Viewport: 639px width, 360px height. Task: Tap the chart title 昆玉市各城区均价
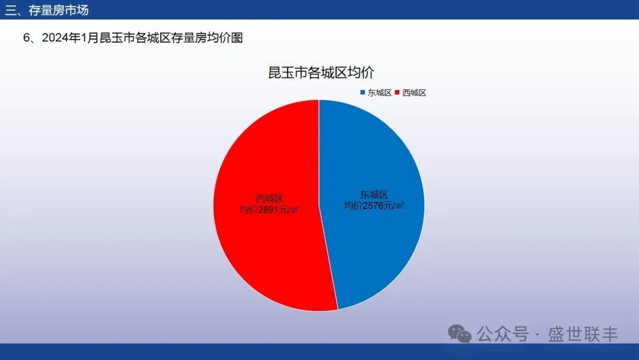(x=321, y=73)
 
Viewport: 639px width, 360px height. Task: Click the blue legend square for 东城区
(x=362, y=92)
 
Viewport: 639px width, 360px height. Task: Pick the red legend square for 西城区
(x=397, y=92)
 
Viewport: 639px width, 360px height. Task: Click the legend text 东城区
(x=379, y=92)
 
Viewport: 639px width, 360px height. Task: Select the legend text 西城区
(x=414, y=92)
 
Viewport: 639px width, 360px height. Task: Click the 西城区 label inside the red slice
(x=269, y=198)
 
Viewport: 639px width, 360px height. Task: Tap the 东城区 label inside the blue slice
(x=374, y=194)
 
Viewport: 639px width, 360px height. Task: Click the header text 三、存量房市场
(x=47, y=10)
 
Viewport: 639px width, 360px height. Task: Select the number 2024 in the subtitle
(x=55, y=38)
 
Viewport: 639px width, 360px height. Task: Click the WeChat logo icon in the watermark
(x=460, y=333)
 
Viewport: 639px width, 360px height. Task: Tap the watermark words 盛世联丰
(x=583, y=335)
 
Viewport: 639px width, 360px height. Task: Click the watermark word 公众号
(x=503, y=335)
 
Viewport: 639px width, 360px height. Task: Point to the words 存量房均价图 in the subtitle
(x=207, y=38)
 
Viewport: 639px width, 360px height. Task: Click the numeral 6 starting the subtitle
(x=27, y=38)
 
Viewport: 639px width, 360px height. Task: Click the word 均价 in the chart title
(x=361, y=73)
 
